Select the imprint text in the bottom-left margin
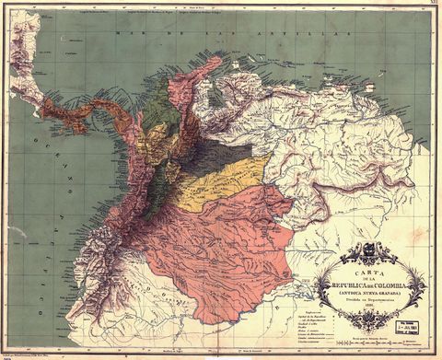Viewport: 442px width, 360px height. click(x=37, y=351)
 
